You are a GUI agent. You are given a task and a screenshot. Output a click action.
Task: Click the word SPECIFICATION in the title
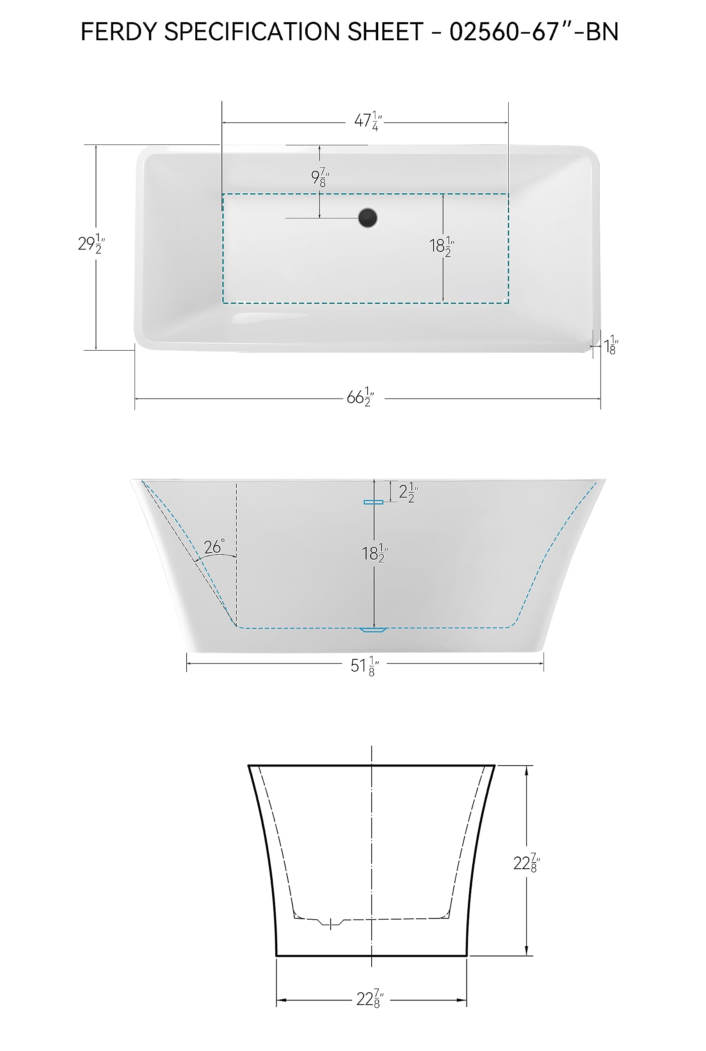252,32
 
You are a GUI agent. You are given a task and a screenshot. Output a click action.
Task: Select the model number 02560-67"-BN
534,32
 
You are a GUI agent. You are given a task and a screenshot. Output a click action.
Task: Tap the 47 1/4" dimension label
368,121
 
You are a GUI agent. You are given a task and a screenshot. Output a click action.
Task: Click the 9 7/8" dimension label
320,177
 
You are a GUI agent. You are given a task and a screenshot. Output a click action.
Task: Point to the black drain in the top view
368,218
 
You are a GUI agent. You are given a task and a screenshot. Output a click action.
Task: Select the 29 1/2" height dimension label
91,244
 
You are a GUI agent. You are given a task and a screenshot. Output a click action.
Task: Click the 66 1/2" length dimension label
360,397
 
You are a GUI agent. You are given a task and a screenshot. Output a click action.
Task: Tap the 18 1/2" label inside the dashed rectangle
441,246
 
